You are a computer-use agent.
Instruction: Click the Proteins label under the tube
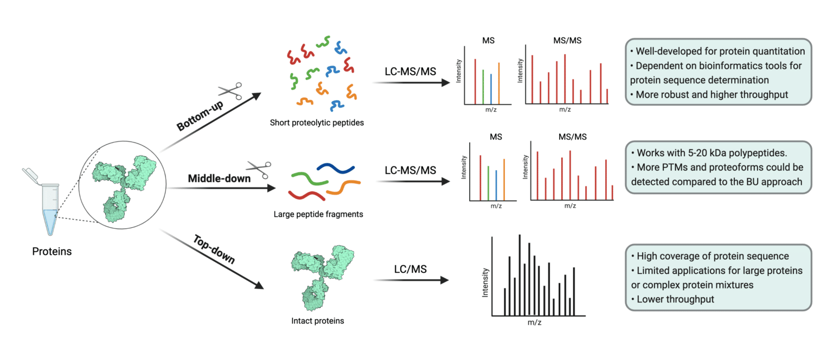52,251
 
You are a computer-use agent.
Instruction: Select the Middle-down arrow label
219,178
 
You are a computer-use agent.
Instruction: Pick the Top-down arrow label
213,250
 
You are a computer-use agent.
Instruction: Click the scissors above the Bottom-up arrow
230,92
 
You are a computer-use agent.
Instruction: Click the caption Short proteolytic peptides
317,123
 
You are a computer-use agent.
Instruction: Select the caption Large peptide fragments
318,214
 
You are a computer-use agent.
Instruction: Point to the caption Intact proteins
317,320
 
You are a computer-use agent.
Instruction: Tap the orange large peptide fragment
340,187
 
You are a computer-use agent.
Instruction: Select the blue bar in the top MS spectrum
491,88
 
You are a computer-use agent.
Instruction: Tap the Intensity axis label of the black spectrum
485,282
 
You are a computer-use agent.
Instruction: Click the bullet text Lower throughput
672,299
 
